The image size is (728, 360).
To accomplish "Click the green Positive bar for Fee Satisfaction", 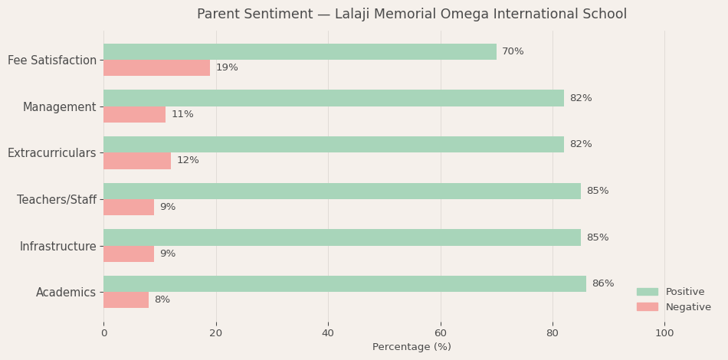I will pos(300,51).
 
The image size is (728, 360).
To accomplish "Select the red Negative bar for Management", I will pos(134,114).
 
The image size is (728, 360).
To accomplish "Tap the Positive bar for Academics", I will pos(345,283).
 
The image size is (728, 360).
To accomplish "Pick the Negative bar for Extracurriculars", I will pos(137,161).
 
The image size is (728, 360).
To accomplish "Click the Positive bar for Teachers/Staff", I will pos(342,191).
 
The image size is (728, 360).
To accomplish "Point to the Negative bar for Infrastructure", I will pos(129,254).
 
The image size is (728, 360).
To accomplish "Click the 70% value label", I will pos(513,51).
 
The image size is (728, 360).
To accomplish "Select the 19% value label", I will pos(227,68).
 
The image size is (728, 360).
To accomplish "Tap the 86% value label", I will pos(602,283).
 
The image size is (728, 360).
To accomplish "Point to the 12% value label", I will pos(188,161).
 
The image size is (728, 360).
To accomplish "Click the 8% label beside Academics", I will pos(162,300).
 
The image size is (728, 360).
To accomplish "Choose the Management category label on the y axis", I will pos(59,107).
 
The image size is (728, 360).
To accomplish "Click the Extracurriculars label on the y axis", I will pos(51,153).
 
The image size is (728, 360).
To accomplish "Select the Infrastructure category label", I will pos(57,247).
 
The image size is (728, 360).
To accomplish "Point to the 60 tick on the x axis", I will pos(440,333).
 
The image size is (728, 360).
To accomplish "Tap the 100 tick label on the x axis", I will pos(664,333).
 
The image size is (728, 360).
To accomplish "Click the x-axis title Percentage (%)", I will pos(412,347).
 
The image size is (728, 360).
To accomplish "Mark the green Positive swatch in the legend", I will pos(647,292).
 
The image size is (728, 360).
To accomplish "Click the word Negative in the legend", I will pos(688,307).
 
